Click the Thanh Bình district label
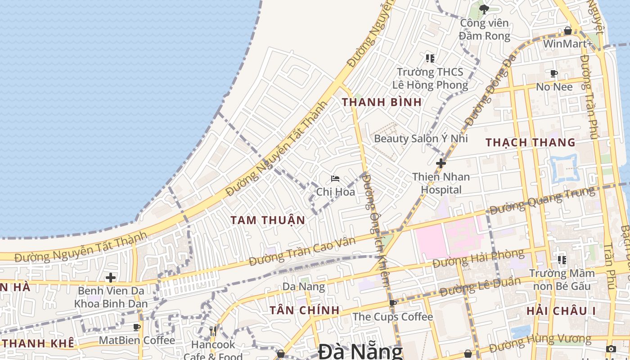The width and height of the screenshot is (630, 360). [x=382, y=102]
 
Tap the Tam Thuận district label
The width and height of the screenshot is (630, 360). [x=268, y=220]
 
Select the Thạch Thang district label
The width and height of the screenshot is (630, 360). [x=531, y=143]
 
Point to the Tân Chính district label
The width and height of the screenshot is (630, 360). [x=305, y=310]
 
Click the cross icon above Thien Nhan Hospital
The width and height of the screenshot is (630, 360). [x=441, y=163]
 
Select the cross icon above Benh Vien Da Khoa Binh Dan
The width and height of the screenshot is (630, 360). [x=111, y=278]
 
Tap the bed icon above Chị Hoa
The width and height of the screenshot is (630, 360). [x=335, y=179]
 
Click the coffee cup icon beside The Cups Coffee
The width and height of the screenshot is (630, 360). [x=393, y=303]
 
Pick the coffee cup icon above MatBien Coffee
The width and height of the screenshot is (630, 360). [x=137, y=327]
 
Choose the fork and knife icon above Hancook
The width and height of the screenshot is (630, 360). [x=213, y=331]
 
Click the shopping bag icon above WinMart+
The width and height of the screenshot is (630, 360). [x=568, y=31]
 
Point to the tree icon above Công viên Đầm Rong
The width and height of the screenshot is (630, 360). [x=484, y=9]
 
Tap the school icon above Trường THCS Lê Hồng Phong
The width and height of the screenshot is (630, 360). [x=430, y=58]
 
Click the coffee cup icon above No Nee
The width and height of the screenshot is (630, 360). [x=554, y=73]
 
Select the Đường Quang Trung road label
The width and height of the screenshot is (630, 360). [x=542, y=201]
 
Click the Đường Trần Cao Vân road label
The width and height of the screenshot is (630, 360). [x=302, y=250]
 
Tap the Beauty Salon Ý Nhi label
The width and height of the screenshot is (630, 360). [x=421, y=139]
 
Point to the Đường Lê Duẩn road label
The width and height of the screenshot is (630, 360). [x=480, y=287]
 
